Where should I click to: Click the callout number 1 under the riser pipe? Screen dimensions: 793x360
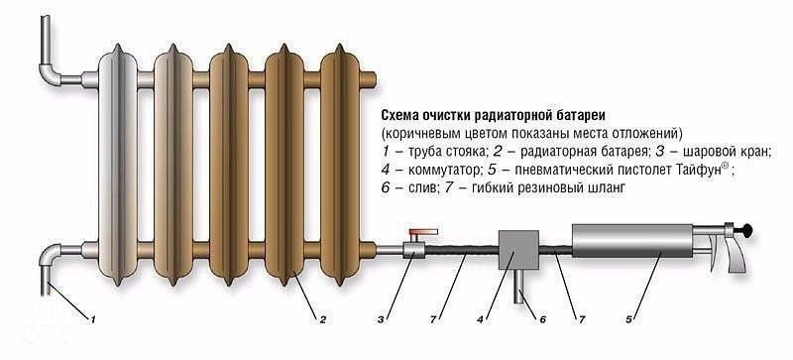(92, 319)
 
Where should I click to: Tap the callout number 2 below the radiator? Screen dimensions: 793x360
(321, 319)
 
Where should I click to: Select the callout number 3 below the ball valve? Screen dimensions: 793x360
(381, 319)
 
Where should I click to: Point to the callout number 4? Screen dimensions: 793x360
(480, 319)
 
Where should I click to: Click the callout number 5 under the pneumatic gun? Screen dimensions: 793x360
(629, 319)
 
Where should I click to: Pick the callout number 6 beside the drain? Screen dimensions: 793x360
(542, 319)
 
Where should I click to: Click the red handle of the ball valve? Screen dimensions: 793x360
(423, 233)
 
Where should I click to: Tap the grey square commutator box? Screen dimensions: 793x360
(518, 250)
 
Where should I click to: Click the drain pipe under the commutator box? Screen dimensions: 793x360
(519, 286)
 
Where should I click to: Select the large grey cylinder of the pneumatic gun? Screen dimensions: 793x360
(632, 241)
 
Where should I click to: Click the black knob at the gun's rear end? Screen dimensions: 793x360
(746, 231)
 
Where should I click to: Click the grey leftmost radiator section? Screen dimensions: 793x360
(118, 165)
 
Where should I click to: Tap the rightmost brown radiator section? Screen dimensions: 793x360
(340, 165)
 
